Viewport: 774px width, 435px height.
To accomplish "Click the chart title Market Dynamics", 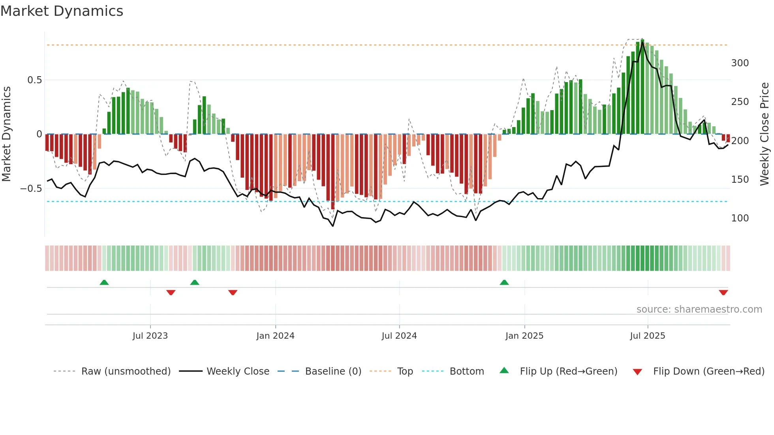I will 62,11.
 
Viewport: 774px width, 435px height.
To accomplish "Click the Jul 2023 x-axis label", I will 150,336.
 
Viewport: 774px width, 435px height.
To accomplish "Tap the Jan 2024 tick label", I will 275,336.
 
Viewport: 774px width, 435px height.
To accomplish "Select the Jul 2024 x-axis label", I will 399,336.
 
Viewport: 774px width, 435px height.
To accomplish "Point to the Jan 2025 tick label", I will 524,336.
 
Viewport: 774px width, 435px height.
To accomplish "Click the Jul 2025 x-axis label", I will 647,336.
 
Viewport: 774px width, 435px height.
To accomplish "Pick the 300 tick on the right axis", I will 740,63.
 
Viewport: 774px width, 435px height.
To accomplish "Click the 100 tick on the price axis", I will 740,218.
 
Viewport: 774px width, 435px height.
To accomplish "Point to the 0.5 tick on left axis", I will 34,80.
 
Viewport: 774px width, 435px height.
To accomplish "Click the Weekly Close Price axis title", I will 765,134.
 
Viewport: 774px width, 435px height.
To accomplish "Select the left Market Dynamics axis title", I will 6,134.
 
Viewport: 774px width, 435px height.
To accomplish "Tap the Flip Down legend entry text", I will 708,371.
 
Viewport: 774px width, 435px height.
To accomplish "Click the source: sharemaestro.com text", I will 699,309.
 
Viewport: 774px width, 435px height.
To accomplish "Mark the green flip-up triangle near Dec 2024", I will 504,283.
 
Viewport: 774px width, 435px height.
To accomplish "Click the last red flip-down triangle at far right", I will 723,292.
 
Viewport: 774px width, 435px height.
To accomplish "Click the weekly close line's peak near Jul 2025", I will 642,43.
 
